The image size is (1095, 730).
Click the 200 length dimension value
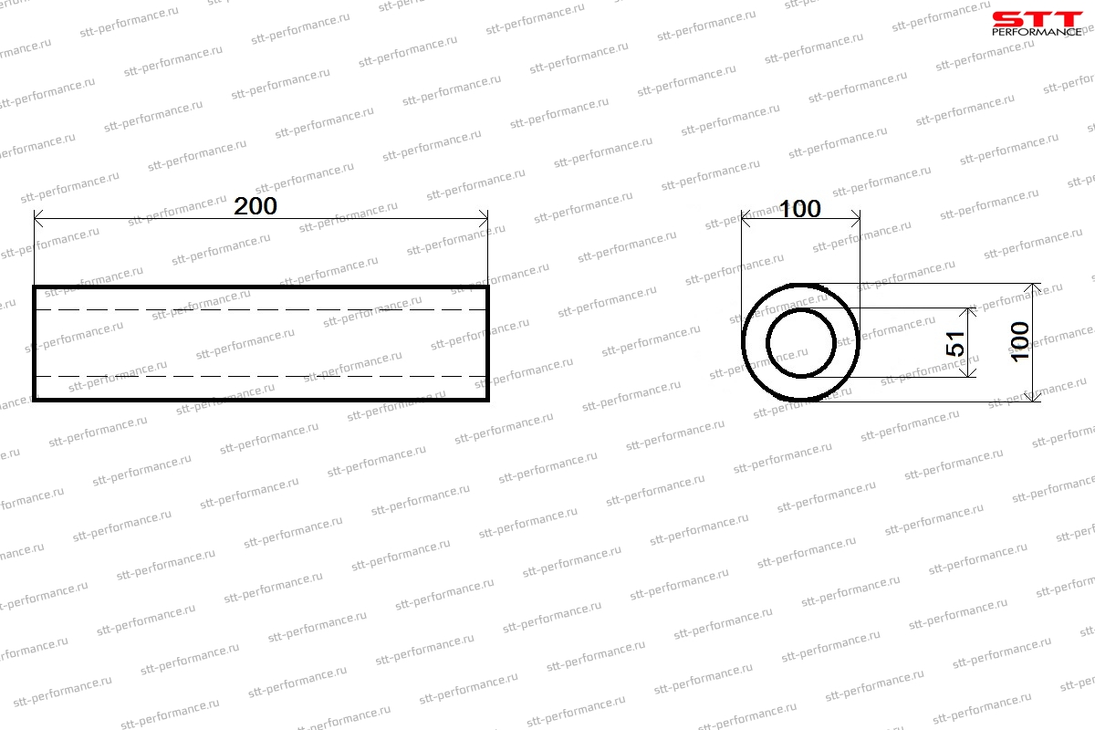pos(255,206)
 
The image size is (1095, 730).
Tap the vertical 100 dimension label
pos(1020,342)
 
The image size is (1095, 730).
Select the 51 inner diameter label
pos(955,343)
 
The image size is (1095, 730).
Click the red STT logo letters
pos(1038,19)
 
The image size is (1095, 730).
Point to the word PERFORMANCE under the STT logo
pos(1037,32)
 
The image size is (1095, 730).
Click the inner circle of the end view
pos(766,342)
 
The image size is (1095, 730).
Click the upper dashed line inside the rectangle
pos(261,309)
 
